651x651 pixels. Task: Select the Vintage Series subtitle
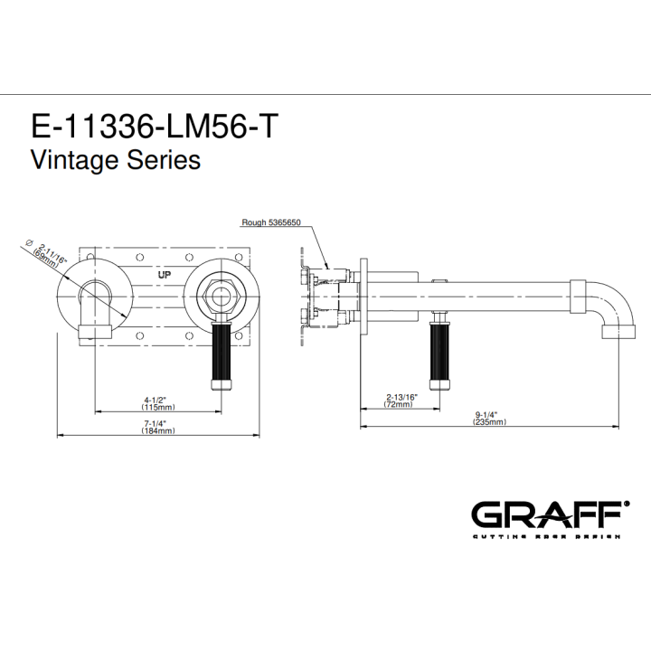(x=116, y=160)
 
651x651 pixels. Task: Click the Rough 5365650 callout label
(x=271, y=222)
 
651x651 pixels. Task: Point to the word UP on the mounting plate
(x=165, y=275)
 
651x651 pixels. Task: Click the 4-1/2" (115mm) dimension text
(x=157, y=403)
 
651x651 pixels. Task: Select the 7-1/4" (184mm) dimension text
(x=157, y=427)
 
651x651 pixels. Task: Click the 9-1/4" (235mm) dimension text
(x=489, y=418)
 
